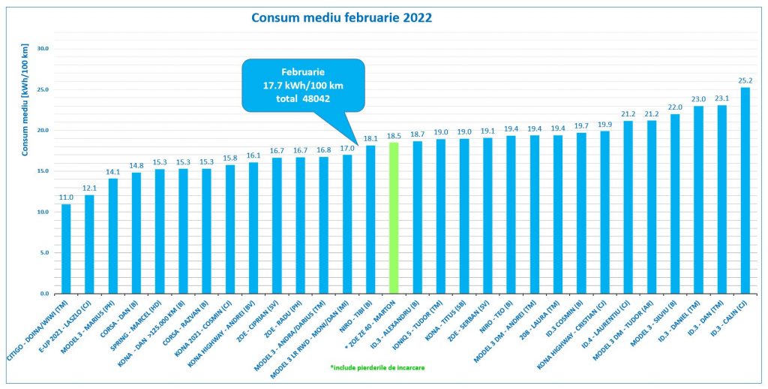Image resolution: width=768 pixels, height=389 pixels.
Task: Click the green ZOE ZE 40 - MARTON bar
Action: (394, 218)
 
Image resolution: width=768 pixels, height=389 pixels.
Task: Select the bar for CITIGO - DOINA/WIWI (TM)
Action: (66, 249)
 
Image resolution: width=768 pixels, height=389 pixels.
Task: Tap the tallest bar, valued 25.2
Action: (745, 191)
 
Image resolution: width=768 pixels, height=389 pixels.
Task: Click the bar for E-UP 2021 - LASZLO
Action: (89, 244)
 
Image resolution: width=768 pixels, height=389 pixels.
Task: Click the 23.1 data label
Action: (721, 98)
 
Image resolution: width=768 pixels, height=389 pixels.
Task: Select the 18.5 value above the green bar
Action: (394, 135)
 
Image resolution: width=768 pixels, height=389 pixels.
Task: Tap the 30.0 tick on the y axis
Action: (42, 49)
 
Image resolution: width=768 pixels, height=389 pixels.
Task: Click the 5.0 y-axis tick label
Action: (43, 253)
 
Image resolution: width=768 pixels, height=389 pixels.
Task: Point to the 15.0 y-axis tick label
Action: (42, 171)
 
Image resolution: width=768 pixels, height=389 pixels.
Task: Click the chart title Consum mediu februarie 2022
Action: (341, 17)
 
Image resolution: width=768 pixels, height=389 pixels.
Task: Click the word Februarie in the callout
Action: (303, 71)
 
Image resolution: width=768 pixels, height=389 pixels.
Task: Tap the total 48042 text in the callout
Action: (303, 98)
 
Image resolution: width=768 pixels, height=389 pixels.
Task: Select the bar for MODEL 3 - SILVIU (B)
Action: (675, 204)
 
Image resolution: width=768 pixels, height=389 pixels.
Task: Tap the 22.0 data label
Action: (675, 107)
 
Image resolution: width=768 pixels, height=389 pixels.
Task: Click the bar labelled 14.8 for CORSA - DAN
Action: (136, 233)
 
